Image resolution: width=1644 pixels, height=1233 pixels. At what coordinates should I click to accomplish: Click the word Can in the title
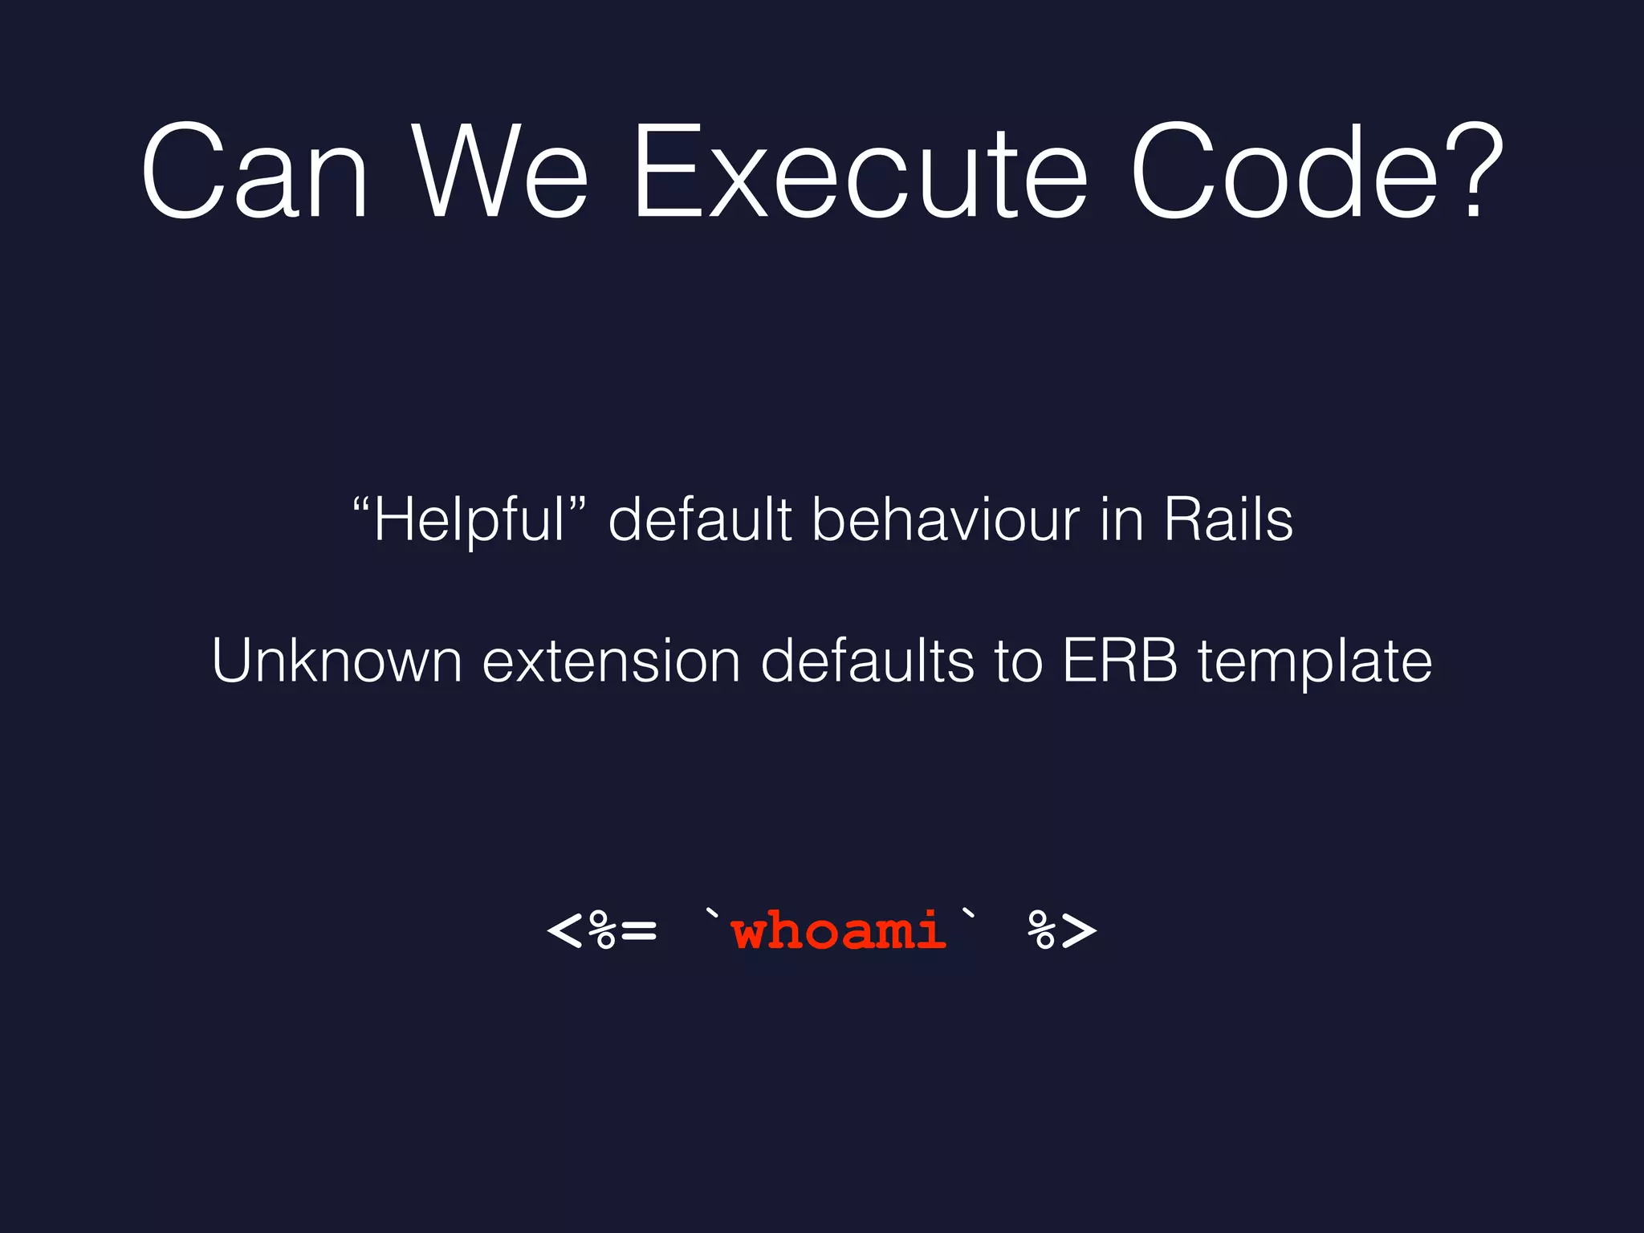254,172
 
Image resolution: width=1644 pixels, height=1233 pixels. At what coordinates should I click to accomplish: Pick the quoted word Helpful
470,520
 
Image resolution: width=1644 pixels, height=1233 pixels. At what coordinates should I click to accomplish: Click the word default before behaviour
700,520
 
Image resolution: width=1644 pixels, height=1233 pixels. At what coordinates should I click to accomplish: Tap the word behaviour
946,520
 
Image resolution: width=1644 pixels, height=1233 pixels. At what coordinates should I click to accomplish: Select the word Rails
1228,520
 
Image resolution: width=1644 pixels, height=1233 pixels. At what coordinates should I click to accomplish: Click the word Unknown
337,661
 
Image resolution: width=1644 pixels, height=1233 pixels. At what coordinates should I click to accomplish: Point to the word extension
611,661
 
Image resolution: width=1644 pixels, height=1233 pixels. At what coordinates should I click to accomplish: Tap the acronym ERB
1120,661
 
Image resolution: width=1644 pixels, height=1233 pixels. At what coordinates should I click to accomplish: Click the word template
1315,663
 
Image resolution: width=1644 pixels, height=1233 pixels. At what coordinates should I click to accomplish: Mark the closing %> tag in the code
1062,932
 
